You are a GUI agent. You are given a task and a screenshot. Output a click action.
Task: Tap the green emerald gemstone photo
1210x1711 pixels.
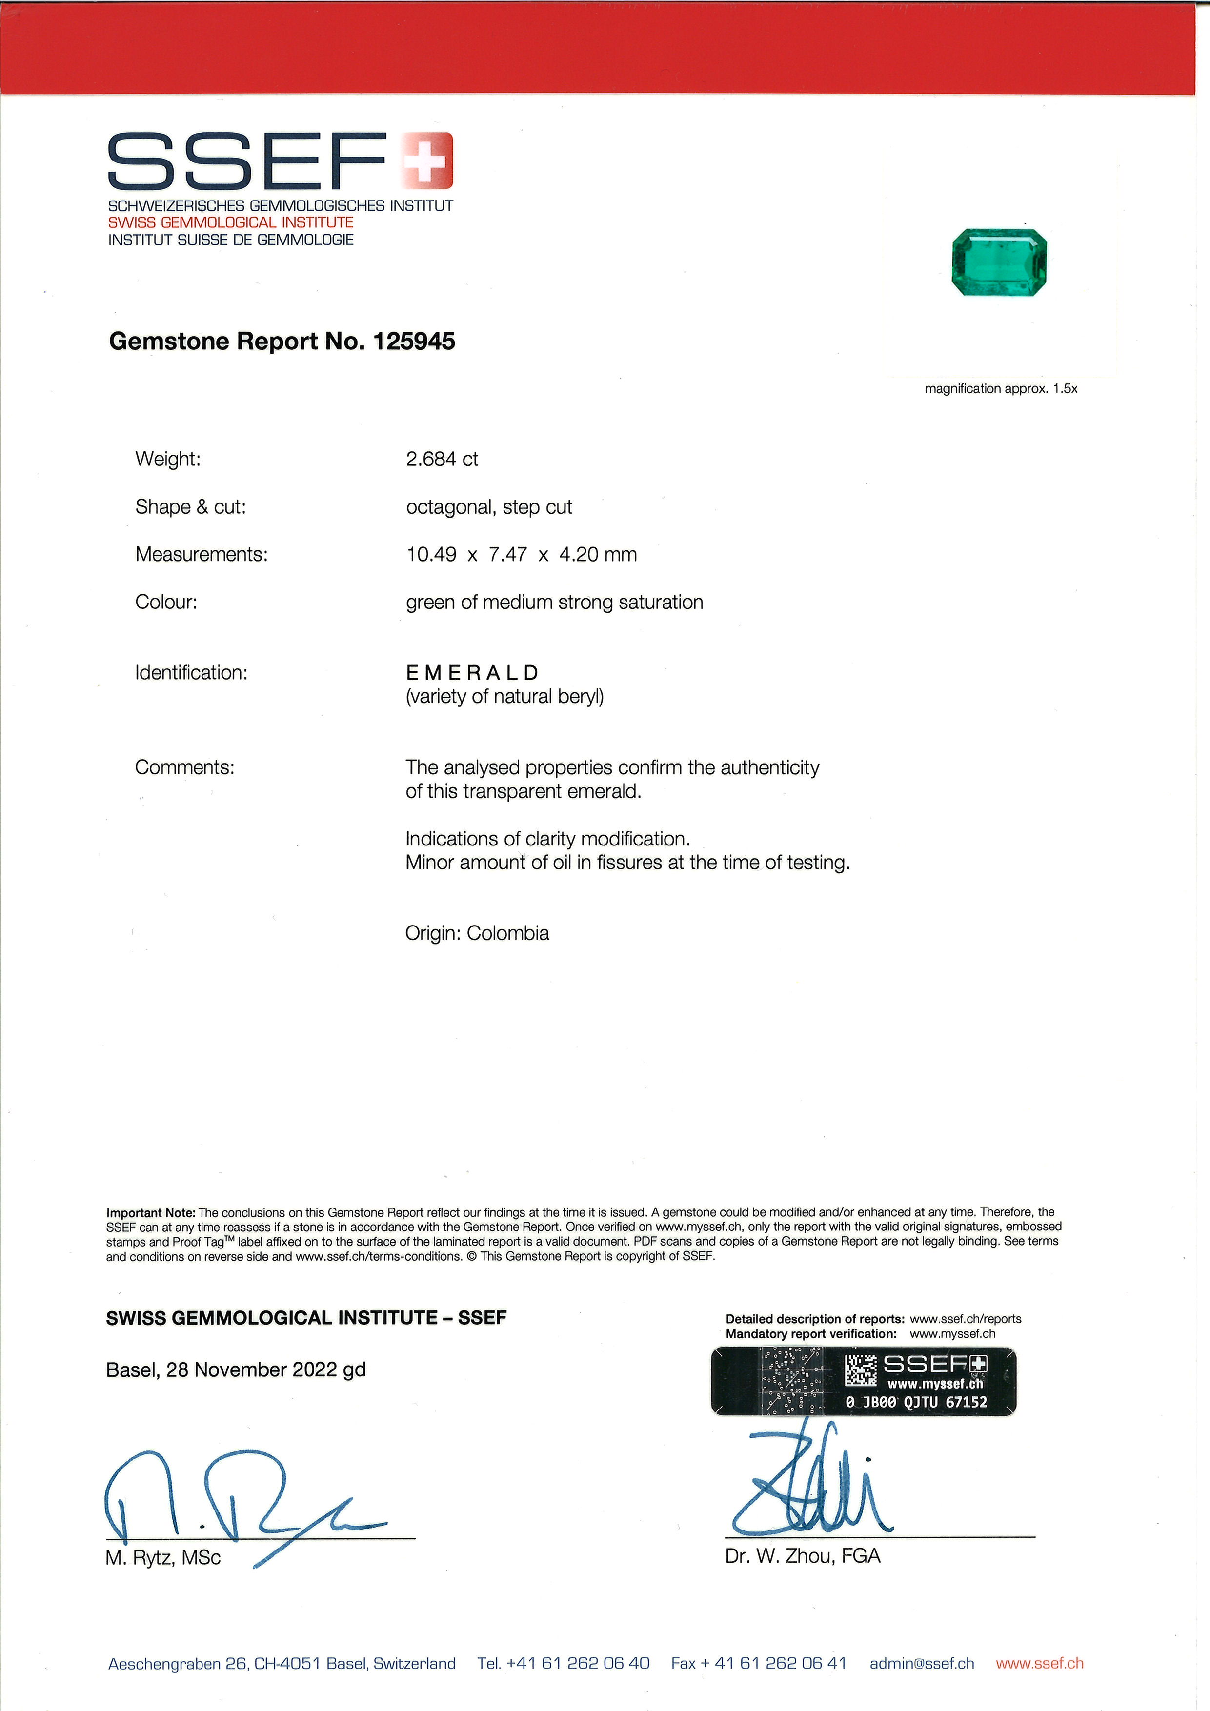point(1000,262)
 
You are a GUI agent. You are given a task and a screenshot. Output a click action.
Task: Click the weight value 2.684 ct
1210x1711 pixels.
point(442,459)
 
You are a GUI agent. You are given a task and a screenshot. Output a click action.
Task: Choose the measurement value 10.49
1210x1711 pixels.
point(431,554)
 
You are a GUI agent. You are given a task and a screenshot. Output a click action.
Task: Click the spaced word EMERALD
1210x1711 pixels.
point(472,672)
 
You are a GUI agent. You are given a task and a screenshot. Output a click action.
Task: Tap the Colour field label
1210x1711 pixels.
point(166,602)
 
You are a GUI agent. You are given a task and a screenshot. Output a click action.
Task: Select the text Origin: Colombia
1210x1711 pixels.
point(477,933)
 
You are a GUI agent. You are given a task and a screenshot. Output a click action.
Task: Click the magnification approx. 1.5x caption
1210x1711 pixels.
point(1001,389)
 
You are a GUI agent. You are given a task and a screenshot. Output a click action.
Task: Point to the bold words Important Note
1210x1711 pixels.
point(150,1212)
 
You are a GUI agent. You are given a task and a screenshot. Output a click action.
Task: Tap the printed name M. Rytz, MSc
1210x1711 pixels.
point(163,1558)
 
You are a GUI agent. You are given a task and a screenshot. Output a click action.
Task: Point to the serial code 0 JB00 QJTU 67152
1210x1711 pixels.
point(916,1401)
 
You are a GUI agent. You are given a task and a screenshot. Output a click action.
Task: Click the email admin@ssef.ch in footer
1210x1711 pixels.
point(922,1663)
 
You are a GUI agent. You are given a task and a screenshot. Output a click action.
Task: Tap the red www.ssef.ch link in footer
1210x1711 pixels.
point(1039,1663)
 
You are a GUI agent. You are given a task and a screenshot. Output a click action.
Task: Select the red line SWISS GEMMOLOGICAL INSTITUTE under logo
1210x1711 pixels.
point(231,222)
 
